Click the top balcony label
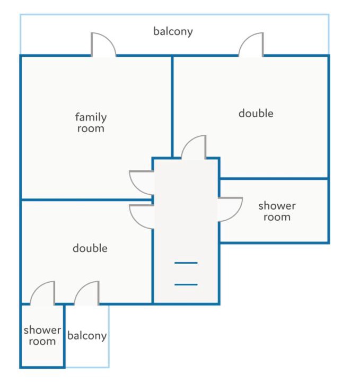pyautogui.click(x=173, y=32)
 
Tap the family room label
pyautogui.click(x=91, y=123)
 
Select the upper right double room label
pyautogui.click(x=256, y=114)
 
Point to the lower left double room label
pyautogui.click(x=90, y=248)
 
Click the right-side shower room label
pyautogui.click(x=277, y=211)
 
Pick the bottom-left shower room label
pyautogui.click(x=42, y=335)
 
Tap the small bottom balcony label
pyautogui.click(x=87, y=336)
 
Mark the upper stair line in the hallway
pyautogui.click(x=186, y=263)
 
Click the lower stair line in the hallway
pyautogui.click(x=186, y=284)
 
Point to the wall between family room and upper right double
pyautogui.click(x=172, y=107)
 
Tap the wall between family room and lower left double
pyautogui.click(x=86, y=200)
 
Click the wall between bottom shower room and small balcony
pyautogui.click(x=64, y=336)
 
